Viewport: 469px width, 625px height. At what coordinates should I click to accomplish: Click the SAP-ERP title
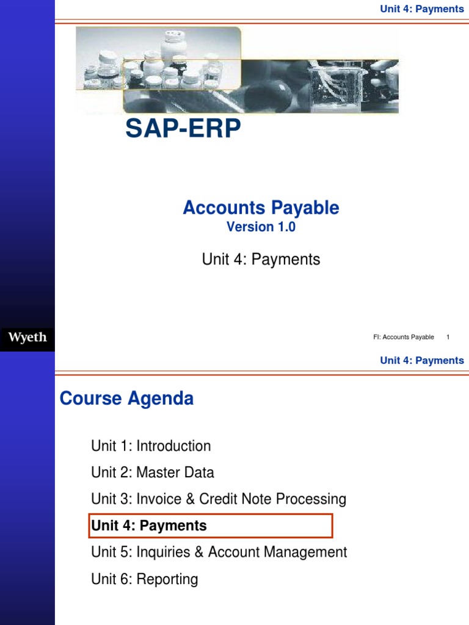(183, 129)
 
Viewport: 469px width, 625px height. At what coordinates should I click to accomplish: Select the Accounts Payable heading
(261, 208)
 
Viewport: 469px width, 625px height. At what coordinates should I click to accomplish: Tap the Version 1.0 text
(261, 227)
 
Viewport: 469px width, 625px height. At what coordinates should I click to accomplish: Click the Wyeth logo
(27, 337)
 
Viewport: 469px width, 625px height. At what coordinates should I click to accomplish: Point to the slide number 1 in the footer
(448, 337)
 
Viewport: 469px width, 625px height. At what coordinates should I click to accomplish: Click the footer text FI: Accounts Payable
(403, 337)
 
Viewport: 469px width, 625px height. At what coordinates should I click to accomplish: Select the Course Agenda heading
(126, 399)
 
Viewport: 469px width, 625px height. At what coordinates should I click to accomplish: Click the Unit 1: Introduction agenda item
(151, 446)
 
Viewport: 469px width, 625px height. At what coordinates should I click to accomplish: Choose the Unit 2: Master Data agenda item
(153, 472)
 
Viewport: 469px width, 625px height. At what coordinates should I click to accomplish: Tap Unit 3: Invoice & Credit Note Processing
(219, 499)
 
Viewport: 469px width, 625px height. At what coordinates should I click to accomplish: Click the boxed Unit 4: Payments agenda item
(149, 526)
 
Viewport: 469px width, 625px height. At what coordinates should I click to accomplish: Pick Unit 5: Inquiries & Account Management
(219, 552)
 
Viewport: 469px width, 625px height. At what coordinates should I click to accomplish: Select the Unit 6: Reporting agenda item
(145, 579)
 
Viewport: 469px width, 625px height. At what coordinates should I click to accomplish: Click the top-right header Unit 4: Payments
(422, 9)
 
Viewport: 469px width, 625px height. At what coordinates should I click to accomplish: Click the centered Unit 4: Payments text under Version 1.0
(261, 259)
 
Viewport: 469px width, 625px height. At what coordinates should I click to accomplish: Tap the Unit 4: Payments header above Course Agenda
(422, 360)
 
